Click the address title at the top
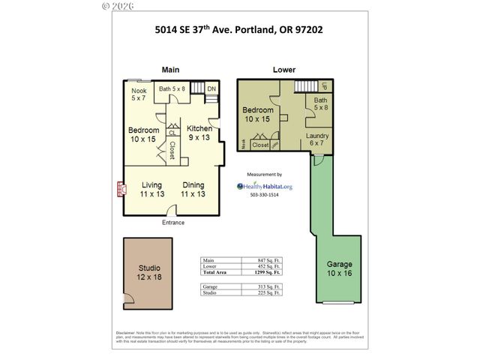tap(238, 31)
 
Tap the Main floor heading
tap(170, 70)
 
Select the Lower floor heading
tap(283, 70)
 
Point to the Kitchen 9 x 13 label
tap(199, 133)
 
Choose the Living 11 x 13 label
tap(152, 189)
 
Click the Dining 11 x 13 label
tap(193, 189)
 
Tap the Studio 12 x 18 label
tap(149, 273)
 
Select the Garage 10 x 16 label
tap(340, 269)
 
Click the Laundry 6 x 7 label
tap(316, 139)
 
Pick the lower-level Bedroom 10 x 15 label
tap(257, 115)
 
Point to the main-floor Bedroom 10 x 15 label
tap(143, 135)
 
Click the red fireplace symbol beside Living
tap(119, 188)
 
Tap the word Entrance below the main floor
tap(173, 223)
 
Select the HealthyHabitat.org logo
tap(265, 186)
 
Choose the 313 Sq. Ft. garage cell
tap(267, 286)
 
